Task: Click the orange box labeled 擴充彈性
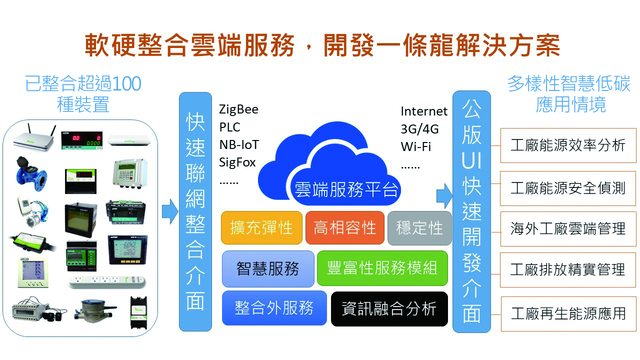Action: pos(261,228)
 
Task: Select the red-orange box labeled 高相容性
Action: pos(344,228)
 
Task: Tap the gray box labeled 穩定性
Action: pos(419,228)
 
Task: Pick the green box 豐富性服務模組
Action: pos(382,268)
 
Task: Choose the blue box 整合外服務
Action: pos(274,308)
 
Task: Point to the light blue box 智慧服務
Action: pos(267,268)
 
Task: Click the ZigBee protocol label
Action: pos(238,109)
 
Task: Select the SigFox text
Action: pos(237,162)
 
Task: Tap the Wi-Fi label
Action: pos(415,147)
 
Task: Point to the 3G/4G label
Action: pos(419,129)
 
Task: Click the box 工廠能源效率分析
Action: pos(568,145)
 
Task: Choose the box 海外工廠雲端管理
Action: pos(568,229)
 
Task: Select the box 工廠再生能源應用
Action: pos(568,313)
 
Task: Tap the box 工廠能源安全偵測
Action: pos(568,188)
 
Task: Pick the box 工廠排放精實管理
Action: pos(568,270)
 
